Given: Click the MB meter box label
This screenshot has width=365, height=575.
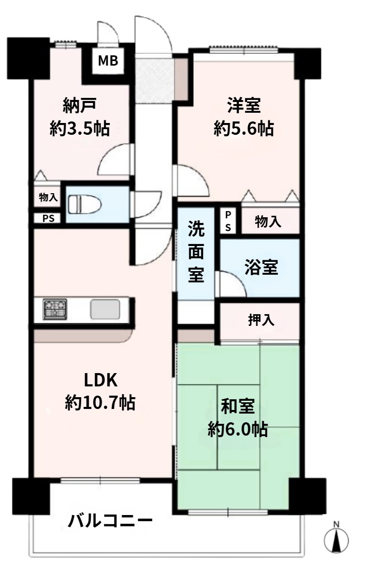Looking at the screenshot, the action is click(108, 60).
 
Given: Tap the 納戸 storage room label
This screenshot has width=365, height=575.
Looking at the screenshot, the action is click(79, 106).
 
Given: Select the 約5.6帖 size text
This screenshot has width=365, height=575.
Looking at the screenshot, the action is click(244, 129).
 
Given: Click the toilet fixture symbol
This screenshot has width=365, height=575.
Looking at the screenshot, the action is click(85, 204).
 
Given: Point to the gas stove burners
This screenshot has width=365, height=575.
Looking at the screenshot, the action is click(55, 309).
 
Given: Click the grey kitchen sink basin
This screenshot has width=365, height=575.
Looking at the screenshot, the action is click(105, 309).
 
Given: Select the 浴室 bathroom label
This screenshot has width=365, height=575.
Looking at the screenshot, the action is click(261, 268).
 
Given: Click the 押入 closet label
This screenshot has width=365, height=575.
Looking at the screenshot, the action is click(261, 320).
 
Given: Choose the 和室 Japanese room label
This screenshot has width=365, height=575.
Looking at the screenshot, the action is click(238, 406).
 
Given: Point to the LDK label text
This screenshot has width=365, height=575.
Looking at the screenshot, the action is click(100, 380).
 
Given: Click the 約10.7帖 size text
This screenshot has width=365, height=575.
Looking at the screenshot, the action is click(100, 403).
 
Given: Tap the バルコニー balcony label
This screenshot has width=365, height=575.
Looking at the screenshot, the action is click(110, 521).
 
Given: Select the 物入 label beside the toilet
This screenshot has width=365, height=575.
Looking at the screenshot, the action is click(48, 197).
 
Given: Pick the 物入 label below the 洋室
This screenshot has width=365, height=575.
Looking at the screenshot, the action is click(268, 221).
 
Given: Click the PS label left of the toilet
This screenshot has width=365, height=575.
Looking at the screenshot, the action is click(48, 218).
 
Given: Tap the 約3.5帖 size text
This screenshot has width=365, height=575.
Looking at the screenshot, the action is click(79, 129).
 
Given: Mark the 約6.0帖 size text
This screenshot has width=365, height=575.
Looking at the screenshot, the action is click(238, 429).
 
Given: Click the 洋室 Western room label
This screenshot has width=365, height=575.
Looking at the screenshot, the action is click(244, 106).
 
